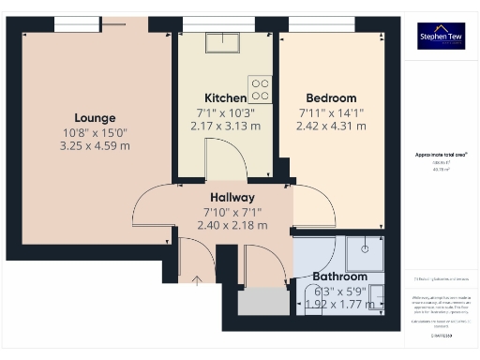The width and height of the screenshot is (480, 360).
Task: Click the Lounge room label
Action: (x=96, y=118)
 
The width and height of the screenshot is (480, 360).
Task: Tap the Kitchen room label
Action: (x=225, y=98)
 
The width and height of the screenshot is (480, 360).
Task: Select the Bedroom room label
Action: (x=331, y=98)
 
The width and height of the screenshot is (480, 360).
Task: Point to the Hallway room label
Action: (x=232, y=198)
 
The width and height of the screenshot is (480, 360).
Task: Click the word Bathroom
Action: (x=339, y=277)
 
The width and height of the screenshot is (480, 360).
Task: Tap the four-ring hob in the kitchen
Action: (x=261, y=89)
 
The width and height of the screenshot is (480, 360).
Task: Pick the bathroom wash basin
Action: (x=376, y=296)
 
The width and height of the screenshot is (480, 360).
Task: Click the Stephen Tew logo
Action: (x=440, y=36)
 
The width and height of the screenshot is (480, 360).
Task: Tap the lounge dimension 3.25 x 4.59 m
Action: (x=96, y=146)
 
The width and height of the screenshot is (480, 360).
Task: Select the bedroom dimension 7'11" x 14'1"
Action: (x=331, y=112)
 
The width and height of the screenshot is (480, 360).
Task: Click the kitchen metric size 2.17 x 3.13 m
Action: (x=225, y=126)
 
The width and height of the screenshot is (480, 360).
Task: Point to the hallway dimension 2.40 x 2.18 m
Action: (x=232, y=225)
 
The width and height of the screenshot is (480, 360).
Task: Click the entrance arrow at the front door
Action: (x=197, y=278)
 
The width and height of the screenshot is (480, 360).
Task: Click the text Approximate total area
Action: (x=442, y=154)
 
